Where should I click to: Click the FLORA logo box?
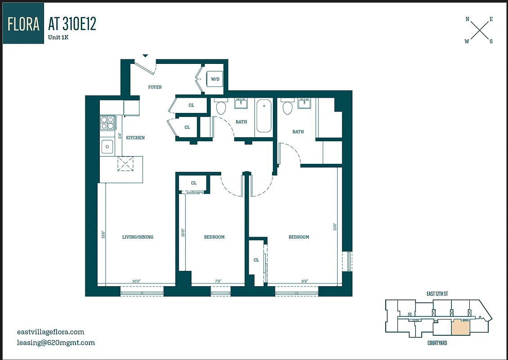click(x=23, y=23)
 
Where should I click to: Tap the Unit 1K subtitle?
click(x=58, y=37)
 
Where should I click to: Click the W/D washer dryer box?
click(x=215, y=80)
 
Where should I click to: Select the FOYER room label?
click(x=155, y=87)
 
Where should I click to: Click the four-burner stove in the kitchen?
click(x=107, y=123)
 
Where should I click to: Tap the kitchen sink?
click(x=107, y=146)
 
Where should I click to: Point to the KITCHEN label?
click(x=135, y=138)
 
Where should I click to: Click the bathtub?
click(x=264, y=117)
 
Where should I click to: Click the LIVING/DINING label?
click(x=138, y=237)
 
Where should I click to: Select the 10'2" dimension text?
click(x=136, y=281)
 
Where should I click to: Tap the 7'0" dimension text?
click(x=218, y=281)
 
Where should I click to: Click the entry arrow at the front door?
click(x=145, y=56)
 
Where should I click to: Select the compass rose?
click(x=479, y=30)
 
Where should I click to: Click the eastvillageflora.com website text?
click(x=50, y=332)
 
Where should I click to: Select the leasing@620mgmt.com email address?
click(x=56, y=342)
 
